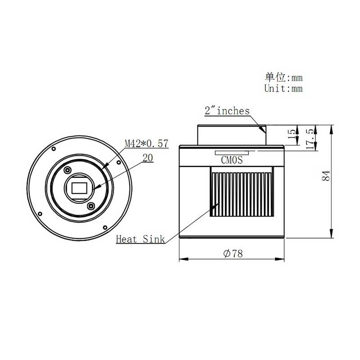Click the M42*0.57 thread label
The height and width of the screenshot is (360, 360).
coord(147,144)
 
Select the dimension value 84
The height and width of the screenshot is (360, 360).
coord(326,175)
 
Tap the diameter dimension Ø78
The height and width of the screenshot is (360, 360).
coord(233,254)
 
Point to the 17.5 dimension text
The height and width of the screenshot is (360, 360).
coord(310,139)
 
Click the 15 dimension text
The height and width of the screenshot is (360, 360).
coord(292,134)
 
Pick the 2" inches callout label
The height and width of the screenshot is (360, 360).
coord(227,111)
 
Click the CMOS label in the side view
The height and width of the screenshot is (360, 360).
coord(232,160)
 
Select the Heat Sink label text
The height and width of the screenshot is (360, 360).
coord(140,239)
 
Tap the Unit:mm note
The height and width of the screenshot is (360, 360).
coord(283,88)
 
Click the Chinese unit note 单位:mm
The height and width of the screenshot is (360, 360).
coord(284,77)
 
